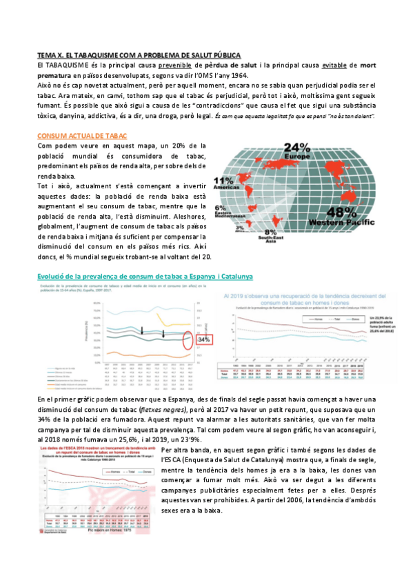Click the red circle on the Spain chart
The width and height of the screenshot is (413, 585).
click(186, 339)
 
